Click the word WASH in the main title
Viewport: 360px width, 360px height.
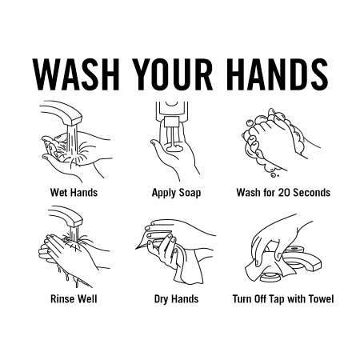tap(76, 74)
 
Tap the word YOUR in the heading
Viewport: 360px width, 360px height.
tap(173, 74)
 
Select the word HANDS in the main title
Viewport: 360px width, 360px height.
tap(278, 74)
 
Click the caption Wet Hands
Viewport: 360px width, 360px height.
tap(74, 192)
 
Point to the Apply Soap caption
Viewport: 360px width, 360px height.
tap(176, 193)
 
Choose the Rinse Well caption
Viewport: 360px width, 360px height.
tap(74, 298)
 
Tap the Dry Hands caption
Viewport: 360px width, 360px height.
tap(176, 299)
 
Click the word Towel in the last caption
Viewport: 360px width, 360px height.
tap(321, 298)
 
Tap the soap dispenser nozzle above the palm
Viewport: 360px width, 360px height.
tap(171, 122)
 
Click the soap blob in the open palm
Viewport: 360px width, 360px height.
tap(174, 148)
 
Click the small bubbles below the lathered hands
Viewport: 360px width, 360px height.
tap(274, 175)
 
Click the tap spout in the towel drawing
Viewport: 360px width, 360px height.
tap(306, 262)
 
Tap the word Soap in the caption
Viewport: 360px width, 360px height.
tap(190, 193)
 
